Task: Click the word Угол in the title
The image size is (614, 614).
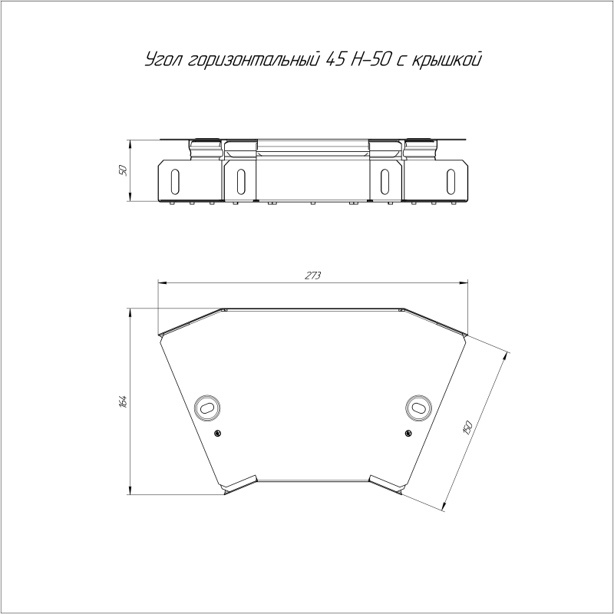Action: click(162, 59)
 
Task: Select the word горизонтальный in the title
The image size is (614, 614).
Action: click(252, 59)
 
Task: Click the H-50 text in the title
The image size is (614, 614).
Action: click(368, 58)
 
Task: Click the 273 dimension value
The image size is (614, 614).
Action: click(313, 276)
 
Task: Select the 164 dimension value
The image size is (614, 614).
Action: click(124, 401)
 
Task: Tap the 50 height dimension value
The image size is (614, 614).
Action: click(124, 170)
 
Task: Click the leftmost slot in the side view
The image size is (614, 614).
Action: click(176, 182)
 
